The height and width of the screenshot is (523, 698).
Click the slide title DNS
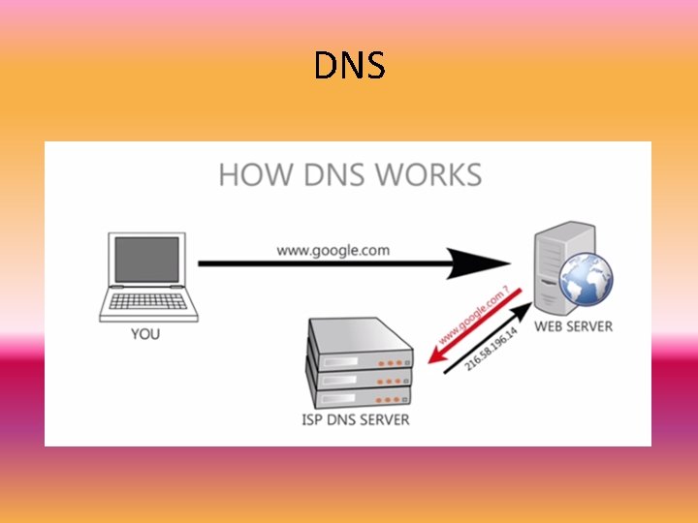350,66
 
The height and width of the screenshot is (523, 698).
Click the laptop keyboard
146,304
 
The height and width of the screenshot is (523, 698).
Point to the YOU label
145,334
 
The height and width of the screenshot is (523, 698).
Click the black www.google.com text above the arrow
333,249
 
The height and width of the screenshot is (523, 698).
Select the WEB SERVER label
574,326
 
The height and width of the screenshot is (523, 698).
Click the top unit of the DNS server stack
360,339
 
